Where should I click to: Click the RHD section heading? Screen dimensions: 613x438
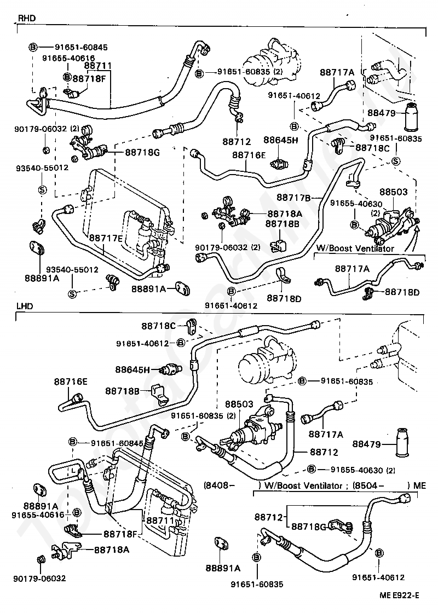[27, 18]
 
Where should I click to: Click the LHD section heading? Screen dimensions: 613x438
[26, 306]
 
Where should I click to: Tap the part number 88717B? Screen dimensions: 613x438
[293, 197]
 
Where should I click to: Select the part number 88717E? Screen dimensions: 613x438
[105, 238]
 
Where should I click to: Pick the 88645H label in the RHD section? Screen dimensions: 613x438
[280, 140]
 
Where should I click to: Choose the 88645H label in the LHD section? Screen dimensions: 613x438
[132, 369]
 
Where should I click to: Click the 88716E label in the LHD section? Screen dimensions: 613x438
[71, 380]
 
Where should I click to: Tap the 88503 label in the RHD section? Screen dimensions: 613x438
[394, 193]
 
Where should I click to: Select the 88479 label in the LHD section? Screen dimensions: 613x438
[366, 444]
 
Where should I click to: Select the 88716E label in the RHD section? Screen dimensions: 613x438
[248, 155]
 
